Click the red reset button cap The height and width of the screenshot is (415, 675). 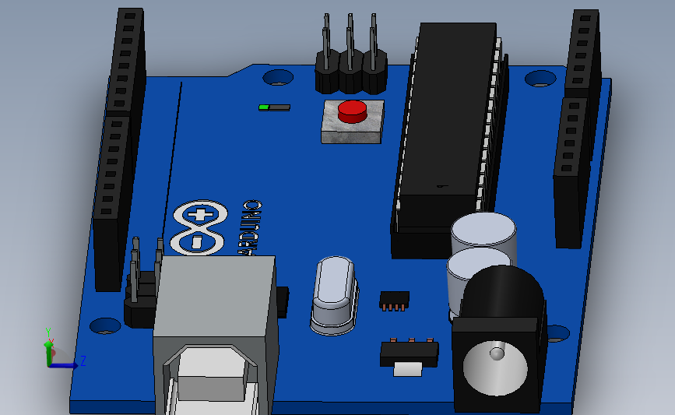pos(352,111)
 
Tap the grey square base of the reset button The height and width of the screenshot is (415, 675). pos(352,132)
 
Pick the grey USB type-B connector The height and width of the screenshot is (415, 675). pos(213,335)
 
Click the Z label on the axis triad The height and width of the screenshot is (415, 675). pos(83,360)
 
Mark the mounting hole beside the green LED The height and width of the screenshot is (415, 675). pos(277,77)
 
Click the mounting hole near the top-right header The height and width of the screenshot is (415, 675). pos(540,79)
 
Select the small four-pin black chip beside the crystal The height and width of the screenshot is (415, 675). pos(394,299)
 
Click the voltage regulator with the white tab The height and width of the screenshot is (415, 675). pos(409,357)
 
